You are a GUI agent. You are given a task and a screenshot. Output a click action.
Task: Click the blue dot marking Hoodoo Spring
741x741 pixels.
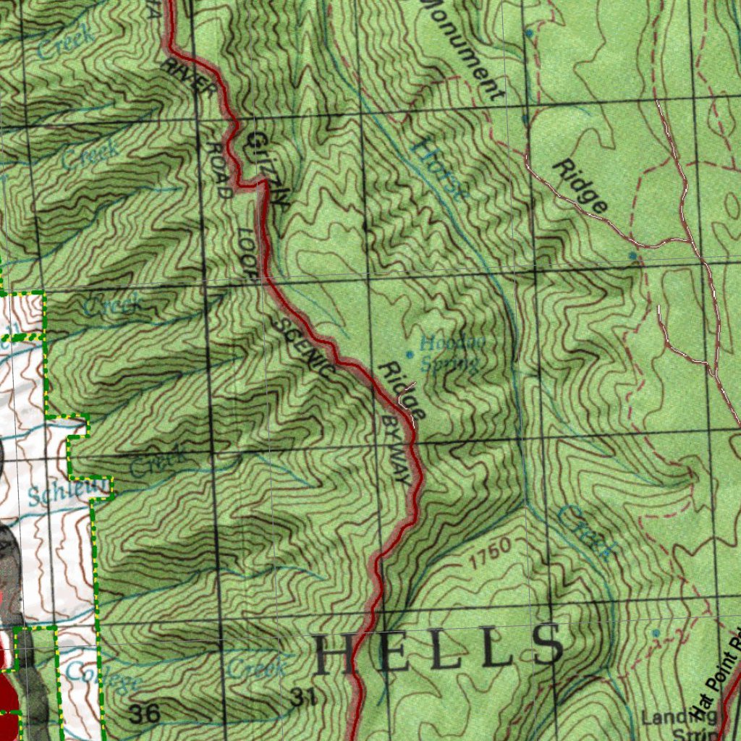(410, 354)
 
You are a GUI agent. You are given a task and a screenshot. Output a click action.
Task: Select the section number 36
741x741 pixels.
(145, 714)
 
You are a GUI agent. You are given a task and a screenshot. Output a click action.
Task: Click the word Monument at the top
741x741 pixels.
(463, 47)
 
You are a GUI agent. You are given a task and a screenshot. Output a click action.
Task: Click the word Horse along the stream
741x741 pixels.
(439, 169)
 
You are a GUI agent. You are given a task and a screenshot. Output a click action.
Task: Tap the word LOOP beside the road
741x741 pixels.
(247, 253)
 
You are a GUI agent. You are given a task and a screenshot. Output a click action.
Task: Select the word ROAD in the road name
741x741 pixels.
(219, 169)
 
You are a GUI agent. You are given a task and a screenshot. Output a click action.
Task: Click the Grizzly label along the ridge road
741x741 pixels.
(268, 171)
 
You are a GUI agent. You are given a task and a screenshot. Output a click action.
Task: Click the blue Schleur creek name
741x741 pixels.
(69, 491)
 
